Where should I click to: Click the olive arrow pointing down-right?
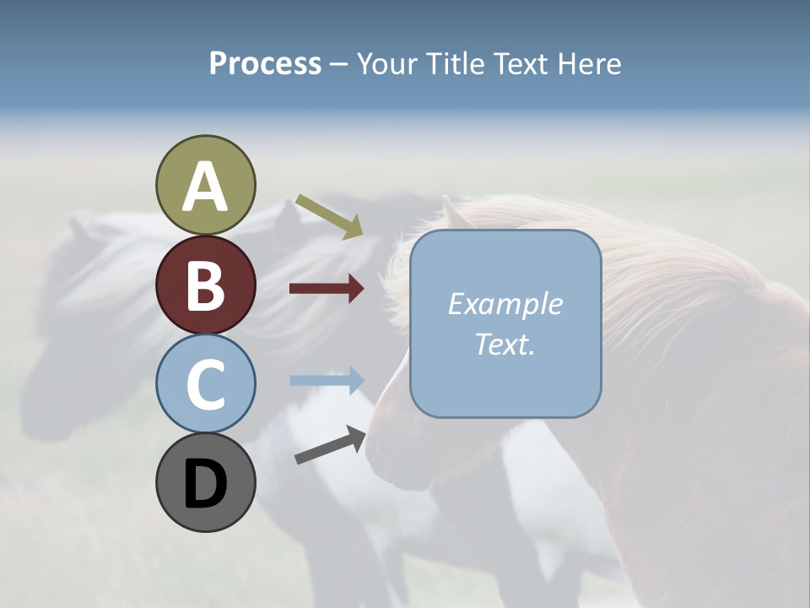329,216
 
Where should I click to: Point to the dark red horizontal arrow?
327,289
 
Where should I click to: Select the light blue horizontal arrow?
327,380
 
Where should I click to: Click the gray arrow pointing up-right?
330,446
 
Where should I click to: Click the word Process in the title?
265,63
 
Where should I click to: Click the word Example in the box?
505,304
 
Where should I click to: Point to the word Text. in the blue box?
505,345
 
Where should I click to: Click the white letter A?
205,187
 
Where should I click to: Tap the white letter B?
205,285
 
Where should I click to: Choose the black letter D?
205,484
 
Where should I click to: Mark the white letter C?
205,384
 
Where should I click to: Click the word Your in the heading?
388,63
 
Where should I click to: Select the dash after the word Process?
338,64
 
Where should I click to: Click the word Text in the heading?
520,63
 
